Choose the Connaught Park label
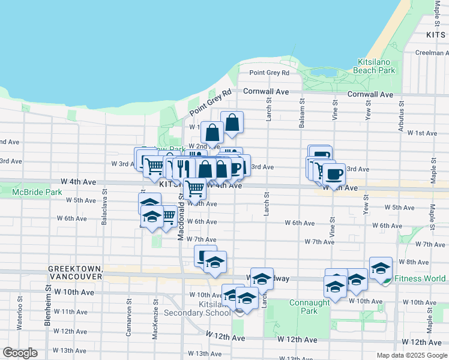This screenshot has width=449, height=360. (310, 307)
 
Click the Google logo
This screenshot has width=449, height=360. (20, 352)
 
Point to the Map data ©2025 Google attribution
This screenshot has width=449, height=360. (411, 355)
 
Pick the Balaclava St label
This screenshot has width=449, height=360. (105, 208)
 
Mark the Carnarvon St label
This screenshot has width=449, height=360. (129, 309)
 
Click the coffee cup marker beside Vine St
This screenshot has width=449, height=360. (334, 174)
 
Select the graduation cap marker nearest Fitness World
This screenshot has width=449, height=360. (380, 268)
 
